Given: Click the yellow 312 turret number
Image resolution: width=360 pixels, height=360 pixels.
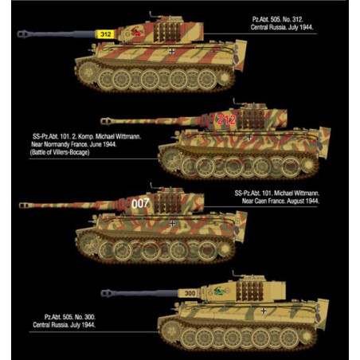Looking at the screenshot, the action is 106,34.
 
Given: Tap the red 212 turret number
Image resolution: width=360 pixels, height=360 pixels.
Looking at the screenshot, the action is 226,119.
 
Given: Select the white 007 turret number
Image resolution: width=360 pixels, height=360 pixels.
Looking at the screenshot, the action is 140,204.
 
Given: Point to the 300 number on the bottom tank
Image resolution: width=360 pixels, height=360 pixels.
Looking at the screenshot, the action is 190,293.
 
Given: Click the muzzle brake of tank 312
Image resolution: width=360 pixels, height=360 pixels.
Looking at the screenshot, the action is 23,34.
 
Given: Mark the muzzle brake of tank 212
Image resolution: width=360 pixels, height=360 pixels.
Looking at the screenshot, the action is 106,121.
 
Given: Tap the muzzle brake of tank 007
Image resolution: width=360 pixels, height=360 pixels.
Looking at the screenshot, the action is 25,205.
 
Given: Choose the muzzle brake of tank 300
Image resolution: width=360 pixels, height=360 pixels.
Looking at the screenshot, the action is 107,293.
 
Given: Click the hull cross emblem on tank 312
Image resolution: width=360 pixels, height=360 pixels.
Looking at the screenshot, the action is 172,51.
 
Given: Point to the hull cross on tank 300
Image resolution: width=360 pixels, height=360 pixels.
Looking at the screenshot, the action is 264,311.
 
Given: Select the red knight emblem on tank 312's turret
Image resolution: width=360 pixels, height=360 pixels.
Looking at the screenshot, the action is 138,32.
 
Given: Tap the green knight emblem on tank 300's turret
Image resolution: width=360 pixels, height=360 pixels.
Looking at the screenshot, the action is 221,291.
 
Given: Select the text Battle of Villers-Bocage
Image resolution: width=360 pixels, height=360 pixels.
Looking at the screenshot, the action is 60,152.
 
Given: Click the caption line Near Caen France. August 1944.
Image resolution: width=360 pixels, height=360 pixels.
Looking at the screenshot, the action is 280,201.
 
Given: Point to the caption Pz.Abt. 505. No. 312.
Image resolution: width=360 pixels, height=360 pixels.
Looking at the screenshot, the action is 278,19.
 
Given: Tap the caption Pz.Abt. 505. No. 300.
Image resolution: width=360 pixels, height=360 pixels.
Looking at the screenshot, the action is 70,317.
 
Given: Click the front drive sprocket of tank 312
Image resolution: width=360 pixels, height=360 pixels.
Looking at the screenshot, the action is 88,72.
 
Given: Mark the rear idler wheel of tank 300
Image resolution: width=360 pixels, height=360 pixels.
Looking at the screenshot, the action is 307,336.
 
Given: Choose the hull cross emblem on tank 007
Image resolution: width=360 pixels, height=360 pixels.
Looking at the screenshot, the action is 172,223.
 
